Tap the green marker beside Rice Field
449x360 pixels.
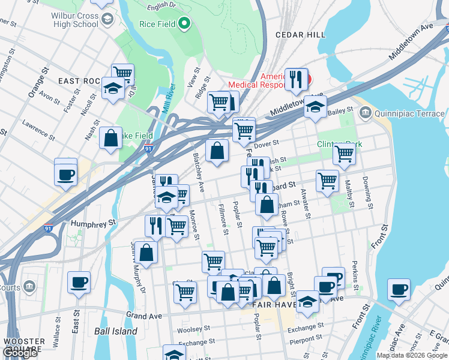(184, 24)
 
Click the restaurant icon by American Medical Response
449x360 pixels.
(295, 79)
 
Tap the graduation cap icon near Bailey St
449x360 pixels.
(315, 107)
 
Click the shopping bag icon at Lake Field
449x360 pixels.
(111, 138)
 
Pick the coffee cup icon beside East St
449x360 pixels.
(79, 282)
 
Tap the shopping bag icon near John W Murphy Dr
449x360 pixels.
(146, 252)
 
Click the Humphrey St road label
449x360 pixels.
(93, 223)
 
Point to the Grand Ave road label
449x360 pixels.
(145, 315)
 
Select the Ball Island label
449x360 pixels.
(116, 331)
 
